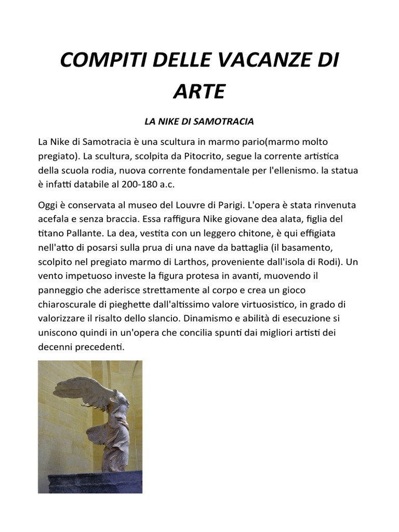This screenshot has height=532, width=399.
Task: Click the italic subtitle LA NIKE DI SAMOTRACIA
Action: [199, 122]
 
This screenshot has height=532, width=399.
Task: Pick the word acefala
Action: [53, 219]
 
